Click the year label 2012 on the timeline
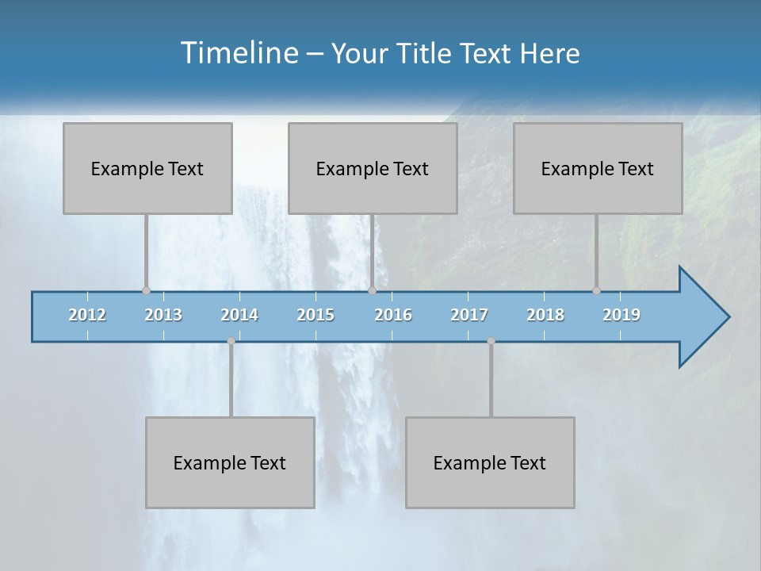tap(87, 315)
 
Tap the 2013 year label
tap(163, 315)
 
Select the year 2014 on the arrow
tap(239, 315)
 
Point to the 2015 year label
tap(315, 315)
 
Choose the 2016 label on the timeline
tap(393, 315)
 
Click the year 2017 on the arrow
tap(469, 315)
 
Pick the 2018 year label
tap(545, 315)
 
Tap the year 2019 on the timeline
tap(621, 315)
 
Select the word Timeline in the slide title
tap(238, 53)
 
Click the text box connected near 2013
tap(147, 168)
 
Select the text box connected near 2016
tap(373, 168)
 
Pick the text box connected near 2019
tap(598, 168)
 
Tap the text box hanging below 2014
tap(230, 462)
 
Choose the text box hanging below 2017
tap(490, 462)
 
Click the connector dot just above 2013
tap(146, 290)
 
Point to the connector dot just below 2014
tap(231, 341)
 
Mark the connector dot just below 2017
tap(491, 341)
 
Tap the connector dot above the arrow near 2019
tap(596, 290)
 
